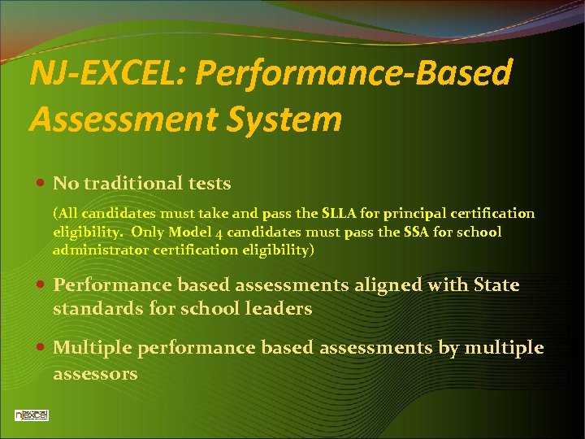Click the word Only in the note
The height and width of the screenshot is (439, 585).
148,233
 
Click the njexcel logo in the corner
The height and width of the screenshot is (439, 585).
32,415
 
